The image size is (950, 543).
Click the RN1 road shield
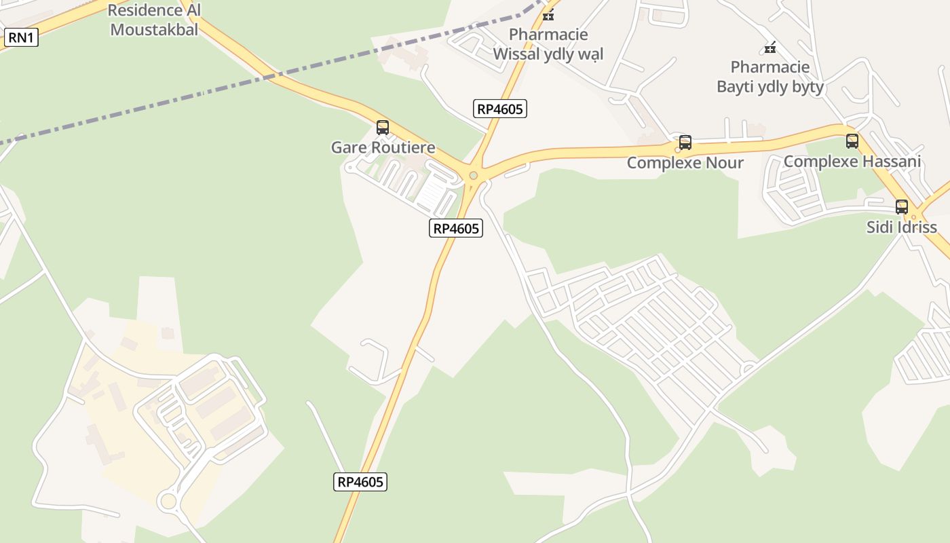[21, 37]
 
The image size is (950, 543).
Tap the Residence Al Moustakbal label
[154, 20]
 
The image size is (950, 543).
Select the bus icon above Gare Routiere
[383, 128]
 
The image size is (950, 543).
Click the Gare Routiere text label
[383, 147]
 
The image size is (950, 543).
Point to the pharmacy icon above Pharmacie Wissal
[548, 15]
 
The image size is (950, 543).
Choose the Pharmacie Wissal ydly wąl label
[548, 44]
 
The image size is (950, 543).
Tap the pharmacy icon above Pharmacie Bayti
[770, 48]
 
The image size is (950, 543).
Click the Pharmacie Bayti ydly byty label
[770, 77]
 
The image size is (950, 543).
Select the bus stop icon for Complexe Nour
[685, 143]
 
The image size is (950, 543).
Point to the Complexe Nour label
[685, 163]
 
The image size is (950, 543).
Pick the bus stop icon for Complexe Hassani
[852, 141]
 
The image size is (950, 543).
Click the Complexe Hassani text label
[852, 162]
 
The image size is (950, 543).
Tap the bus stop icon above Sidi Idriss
[902, 207]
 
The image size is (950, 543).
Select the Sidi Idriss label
[902, 227]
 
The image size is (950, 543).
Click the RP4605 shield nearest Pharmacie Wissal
[500, 108]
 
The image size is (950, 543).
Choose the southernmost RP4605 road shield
[360, 482]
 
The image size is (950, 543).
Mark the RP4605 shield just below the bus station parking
[456, 228]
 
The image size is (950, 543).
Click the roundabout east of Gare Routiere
[473, 176]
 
